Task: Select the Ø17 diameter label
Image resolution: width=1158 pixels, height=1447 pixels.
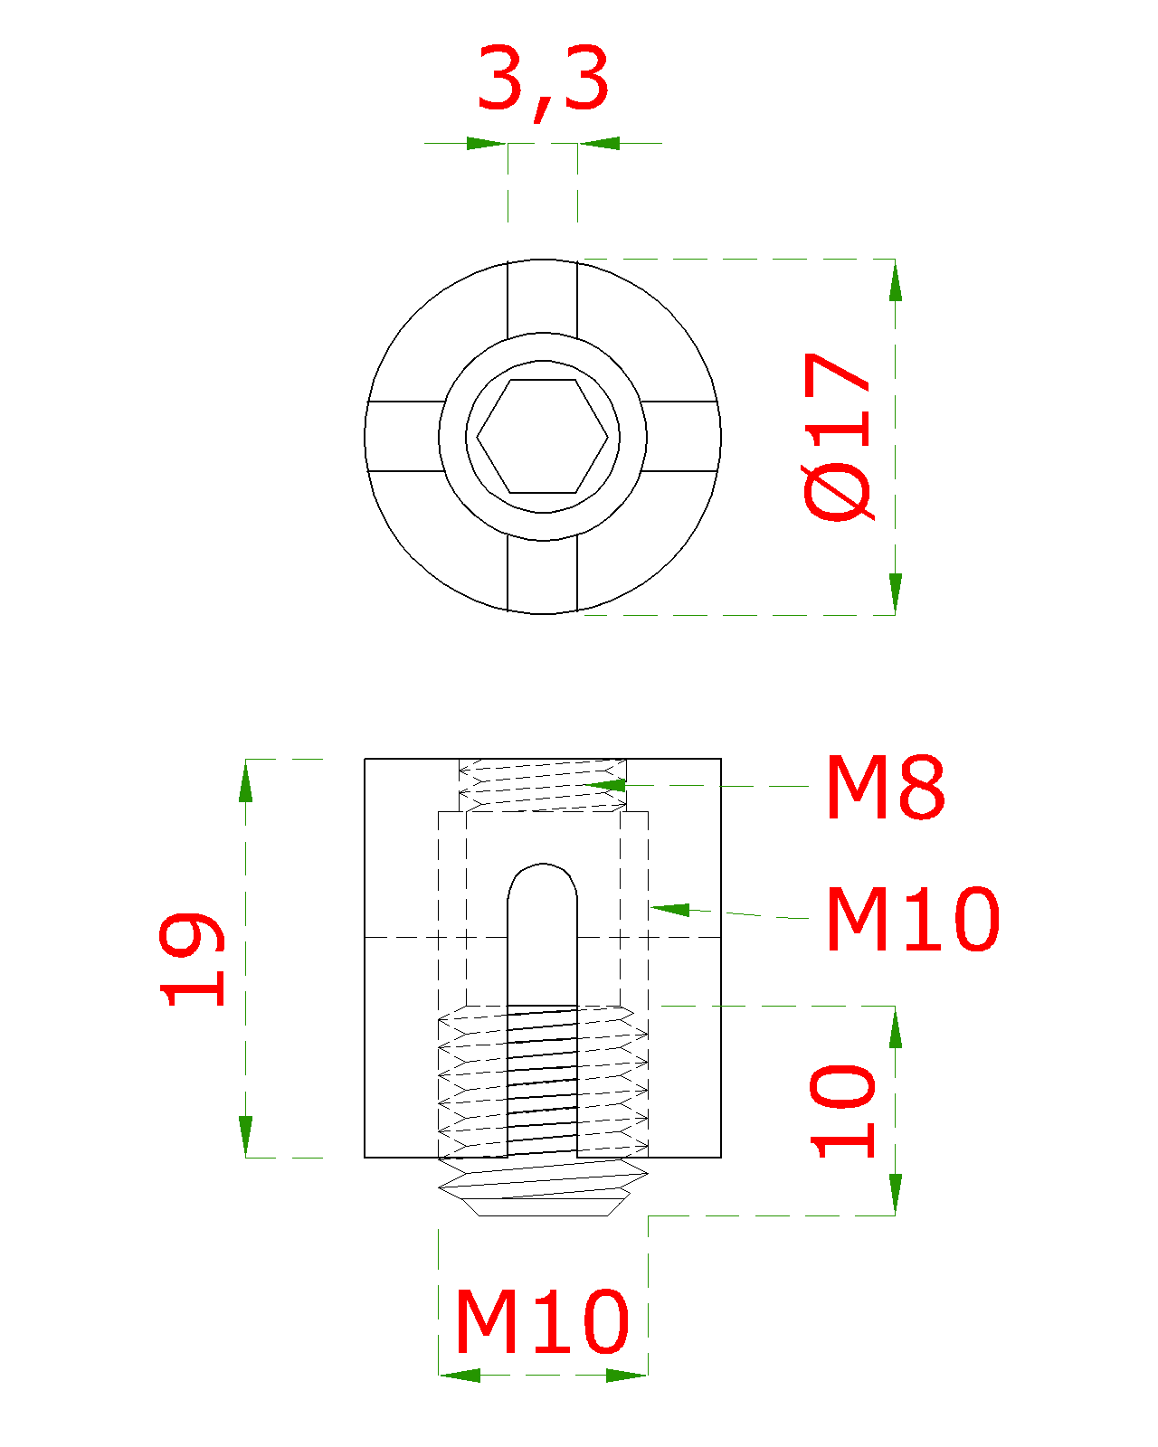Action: click(x=839, y=437)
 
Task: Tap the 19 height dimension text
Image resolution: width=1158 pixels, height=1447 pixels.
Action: click(x=191, y=960)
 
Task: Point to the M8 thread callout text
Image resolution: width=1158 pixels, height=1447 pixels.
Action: click(x=886, y=787)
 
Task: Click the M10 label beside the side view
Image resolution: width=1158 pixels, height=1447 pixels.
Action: click(x=913, y=919)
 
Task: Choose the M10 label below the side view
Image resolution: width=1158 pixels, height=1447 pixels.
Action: click(x=542, y=1321)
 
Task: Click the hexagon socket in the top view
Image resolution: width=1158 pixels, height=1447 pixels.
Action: click(x=542, y=437)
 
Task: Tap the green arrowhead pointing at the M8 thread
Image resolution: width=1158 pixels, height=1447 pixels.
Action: click(x=605, y=785)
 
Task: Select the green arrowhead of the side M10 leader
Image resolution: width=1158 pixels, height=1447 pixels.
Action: click(x=670, y=910)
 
